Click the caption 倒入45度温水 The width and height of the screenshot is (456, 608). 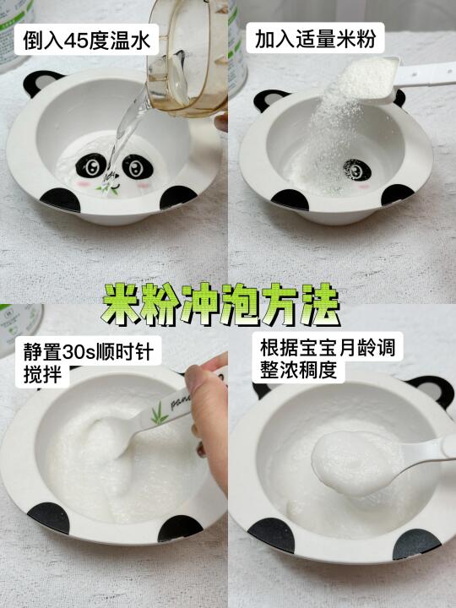tap(86, 40)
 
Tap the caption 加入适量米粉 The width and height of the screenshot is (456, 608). tap(315, 39)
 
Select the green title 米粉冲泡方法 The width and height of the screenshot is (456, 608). tap(221, 304)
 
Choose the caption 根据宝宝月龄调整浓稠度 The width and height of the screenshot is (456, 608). tap(328, 359)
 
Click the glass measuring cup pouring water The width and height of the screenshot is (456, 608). tap(188, 58)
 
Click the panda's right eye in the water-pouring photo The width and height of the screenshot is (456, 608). tap(138, 166)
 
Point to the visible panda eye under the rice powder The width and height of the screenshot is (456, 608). tap(357, 170)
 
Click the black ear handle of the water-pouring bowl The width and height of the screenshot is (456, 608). tap(39, 81)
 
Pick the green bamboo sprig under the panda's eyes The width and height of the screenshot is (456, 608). tap(111, 189)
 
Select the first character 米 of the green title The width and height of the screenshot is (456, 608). tap(121, 304)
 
